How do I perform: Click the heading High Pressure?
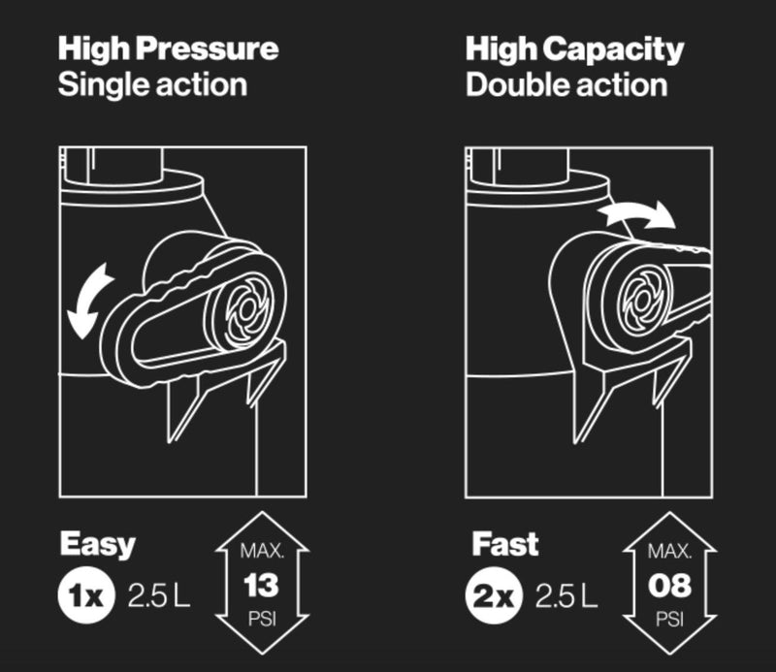click(x=167, y=48)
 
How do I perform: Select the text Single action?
click(x=152, y=84)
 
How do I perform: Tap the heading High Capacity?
click(x=574, y=48)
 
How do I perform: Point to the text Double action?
click(x=566, y=84)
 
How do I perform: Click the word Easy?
click(x=97, y=544)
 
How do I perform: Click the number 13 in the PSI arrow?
click(x=261, y=585)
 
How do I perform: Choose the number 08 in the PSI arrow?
click(x=668, y=585)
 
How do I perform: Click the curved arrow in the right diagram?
click(x=635, y=214)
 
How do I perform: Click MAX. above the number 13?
click(x=261, y=552)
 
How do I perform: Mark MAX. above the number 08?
click(x=668, y=552)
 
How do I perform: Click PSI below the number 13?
click(x=261, y=618)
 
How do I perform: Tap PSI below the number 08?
click(x=668, y=618)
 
